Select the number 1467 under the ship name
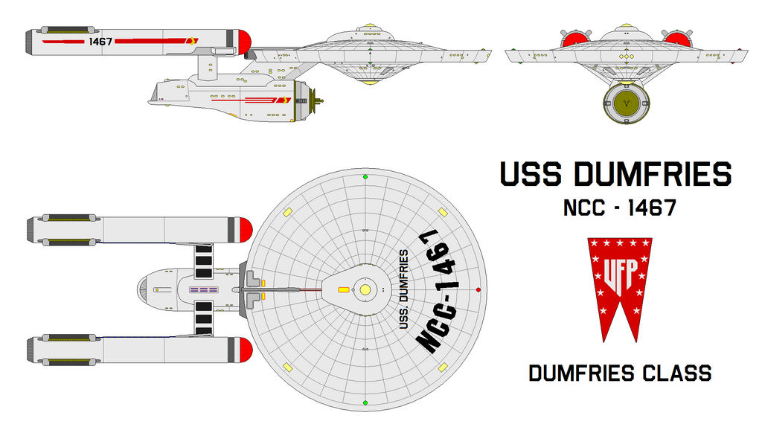point(649,208)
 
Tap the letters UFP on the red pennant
point(619,271)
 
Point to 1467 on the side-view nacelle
point(100,42)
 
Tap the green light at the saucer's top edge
point(365,176)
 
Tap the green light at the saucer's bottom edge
point(365,402)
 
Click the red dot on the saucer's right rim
point(478,289)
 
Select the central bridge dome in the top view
point(365,289)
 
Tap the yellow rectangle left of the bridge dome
point(344,289)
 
